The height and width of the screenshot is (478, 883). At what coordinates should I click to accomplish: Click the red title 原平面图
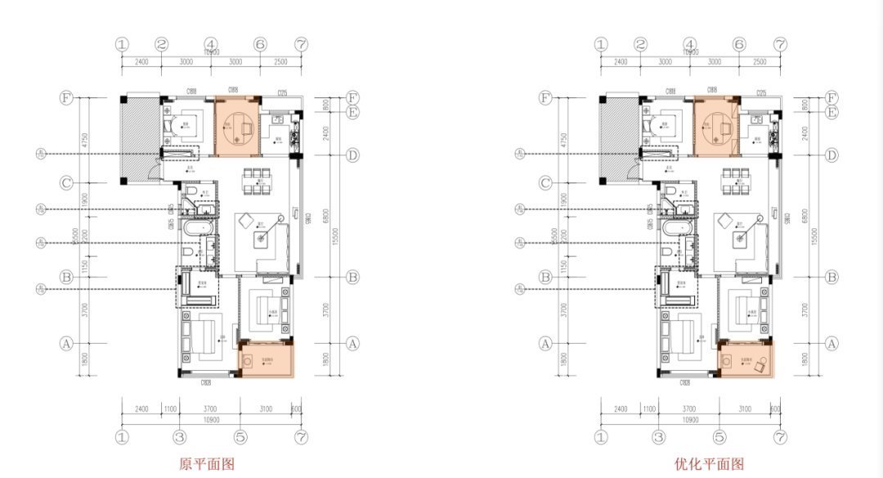207,464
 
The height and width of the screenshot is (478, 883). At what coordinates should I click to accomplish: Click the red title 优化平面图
709,464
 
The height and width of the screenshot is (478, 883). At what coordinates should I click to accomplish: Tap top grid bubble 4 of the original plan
211,44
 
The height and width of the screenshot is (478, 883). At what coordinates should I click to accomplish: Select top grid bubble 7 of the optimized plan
781,44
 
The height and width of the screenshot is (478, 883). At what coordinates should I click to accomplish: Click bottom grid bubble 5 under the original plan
240,437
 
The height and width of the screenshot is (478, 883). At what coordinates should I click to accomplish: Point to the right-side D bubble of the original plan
352,155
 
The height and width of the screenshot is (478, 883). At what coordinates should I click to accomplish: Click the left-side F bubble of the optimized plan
545,98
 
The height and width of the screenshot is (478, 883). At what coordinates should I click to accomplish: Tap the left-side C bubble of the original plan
66,183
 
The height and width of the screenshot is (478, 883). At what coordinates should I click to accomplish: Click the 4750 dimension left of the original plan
84,126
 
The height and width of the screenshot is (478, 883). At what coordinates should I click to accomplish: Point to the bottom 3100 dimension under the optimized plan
745,408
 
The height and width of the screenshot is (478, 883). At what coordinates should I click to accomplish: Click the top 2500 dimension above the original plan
280,61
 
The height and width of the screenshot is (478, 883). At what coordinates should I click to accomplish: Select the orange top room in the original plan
237,128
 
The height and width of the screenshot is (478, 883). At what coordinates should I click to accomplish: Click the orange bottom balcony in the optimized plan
744,363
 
